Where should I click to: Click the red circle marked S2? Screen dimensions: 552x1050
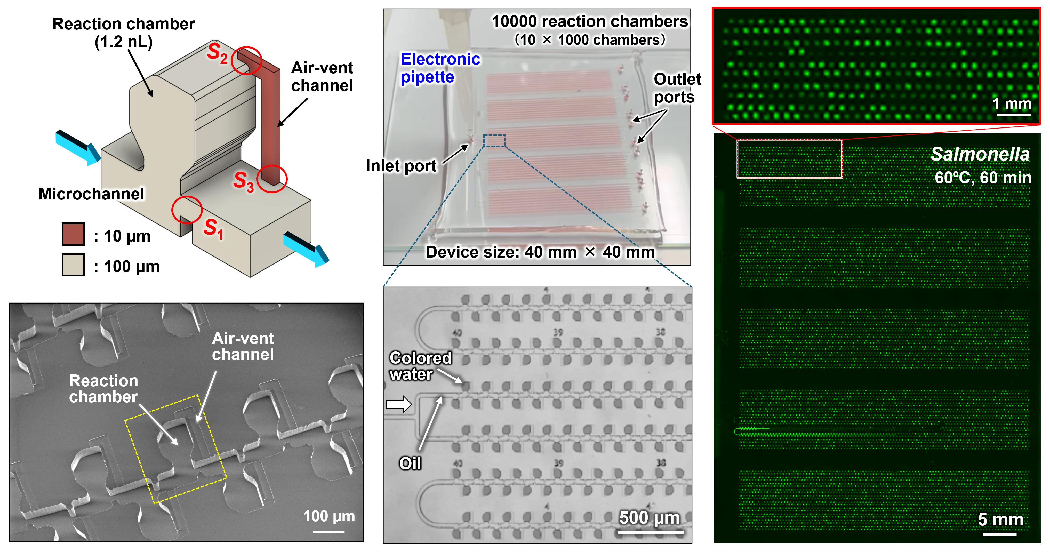point(246,60)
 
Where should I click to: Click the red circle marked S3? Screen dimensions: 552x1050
point(272,179)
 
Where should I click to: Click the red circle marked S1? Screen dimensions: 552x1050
point(187,210)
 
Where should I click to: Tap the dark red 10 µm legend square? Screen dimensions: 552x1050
point(73,234)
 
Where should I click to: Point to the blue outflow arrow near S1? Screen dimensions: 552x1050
point(306,249)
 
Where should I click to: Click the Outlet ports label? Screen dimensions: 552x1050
point(677,88)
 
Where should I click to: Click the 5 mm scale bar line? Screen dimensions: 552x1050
point(1000,534)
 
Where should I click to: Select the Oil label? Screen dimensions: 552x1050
point(410,463)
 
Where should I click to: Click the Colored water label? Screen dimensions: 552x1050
point(420,366)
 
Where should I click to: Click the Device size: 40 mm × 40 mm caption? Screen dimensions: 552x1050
point(540,252)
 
